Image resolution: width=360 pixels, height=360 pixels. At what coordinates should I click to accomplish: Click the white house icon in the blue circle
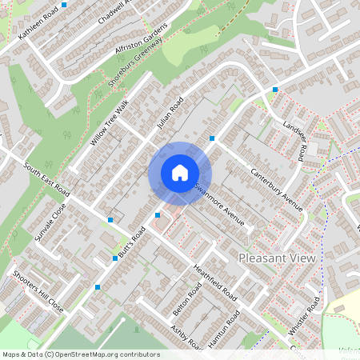coord(179,173)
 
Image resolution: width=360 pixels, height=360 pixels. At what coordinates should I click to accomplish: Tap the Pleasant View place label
coord(278,258)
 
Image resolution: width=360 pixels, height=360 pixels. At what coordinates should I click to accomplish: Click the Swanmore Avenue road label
coord(218,204)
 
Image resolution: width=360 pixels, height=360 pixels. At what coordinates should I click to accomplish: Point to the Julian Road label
coord(170,114)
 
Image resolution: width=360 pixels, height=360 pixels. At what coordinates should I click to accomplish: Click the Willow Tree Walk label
coord(110,123)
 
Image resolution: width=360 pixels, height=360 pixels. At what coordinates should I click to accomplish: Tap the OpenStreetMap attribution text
coord(80,354)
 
